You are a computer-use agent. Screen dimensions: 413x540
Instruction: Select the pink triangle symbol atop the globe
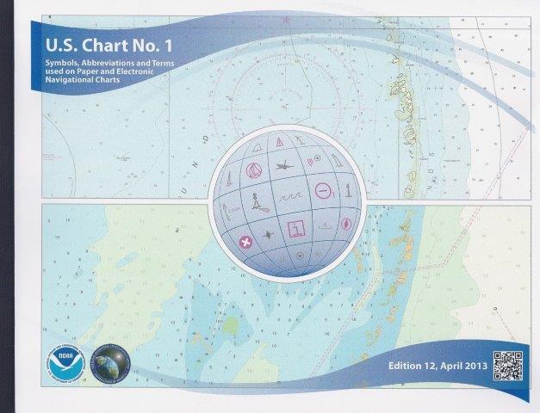[279, 142]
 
